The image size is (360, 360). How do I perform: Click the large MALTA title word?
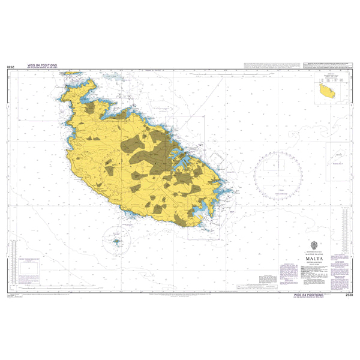pyautogui.click(x=298, y=255)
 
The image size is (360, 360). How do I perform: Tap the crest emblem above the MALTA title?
pyautogui.click(x=298, y=244)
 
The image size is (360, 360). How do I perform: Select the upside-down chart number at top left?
pyautogui.click(x=10, y=70)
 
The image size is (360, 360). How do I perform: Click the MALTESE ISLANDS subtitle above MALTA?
pyautogui.click(x=298, y=251)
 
